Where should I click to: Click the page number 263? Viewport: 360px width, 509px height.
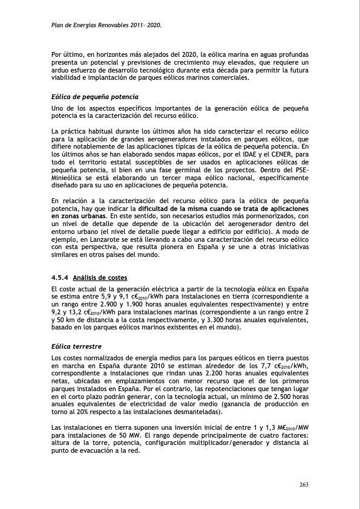pos(305,484)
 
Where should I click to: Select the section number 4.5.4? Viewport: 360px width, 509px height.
pos(61,278)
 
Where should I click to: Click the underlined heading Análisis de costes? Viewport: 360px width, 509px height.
pos(100,278)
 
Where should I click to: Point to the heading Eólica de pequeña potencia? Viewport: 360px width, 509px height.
pos(95,97)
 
